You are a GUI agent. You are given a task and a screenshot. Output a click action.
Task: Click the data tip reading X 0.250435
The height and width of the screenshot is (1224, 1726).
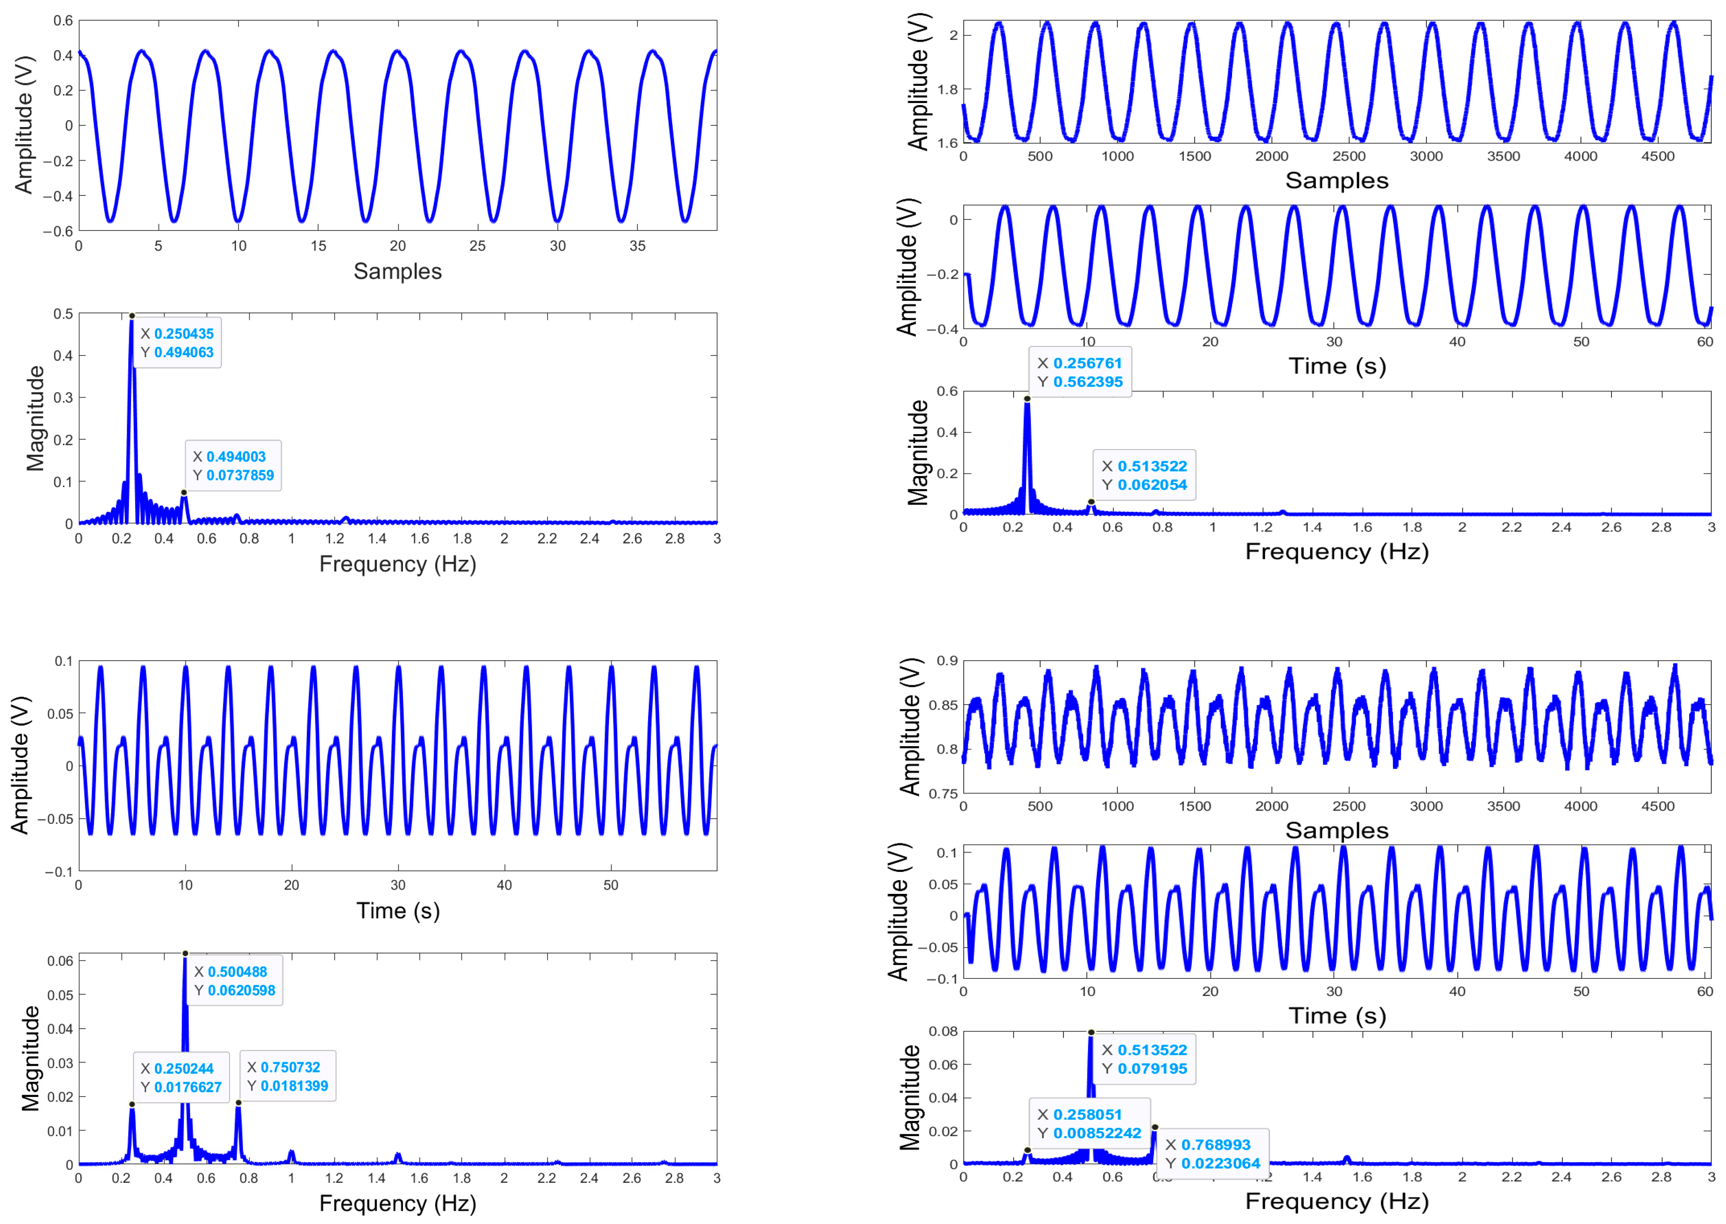[177, 343]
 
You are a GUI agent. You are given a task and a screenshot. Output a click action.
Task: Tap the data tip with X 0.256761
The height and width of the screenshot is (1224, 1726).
[1080, 372]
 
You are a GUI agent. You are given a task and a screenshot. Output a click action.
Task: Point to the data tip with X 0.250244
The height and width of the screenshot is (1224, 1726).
[181, 1078]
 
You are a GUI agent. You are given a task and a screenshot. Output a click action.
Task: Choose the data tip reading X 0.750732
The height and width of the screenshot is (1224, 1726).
[287, 1076]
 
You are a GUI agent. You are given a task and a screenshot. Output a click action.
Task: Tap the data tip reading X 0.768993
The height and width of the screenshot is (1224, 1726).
[1212, 1154]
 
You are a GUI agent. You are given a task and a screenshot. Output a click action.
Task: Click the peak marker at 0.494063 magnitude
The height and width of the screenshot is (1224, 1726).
[132, 316]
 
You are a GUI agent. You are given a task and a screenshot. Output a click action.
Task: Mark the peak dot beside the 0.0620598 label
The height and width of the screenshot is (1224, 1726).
[185, 954]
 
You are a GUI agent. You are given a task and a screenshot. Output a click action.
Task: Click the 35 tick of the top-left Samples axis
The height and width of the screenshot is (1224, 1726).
[637, 246]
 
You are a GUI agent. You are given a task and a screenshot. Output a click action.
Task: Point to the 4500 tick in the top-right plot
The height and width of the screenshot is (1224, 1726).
[1657, 156]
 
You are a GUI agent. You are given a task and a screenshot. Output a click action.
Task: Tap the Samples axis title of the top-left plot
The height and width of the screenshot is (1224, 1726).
[398, 271]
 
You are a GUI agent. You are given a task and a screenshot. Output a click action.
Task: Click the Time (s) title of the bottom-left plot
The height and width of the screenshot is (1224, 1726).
[398, 911]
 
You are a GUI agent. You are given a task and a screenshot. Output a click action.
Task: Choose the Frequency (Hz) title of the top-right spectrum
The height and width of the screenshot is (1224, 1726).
[1336, 552]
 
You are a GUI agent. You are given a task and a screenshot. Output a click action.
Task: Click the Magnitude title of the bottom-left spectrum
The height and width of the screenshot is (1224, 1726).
[30, 1058]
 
